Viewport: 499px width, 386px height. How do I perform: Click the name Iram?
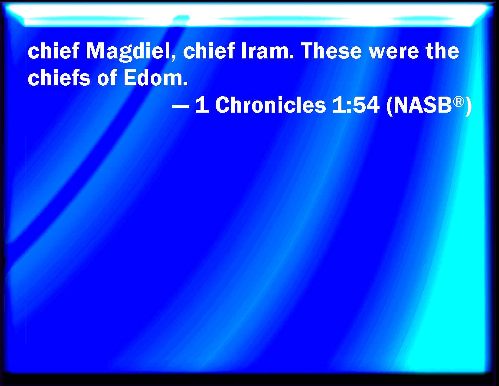click(265, 51)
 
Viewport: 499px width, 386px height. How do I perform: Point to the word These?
click(331, 51)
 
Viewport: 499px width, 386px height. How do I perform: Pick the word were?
click(394, 53)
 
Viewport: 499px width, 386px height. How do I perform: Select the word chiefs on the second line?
click(59, 78)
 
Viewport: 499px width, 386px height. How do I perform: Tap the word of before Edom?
click(107, 78)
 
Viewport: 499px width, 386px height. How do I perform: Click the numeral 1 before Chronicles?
click(202, 105)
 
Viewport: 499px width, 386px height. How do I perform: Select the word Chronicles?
click(270, 105)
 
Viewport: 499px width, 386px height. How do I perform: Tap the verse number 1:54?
click(356, 105)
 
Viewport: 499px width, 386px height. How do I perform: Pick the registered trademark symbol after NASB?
click(458, 101)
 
